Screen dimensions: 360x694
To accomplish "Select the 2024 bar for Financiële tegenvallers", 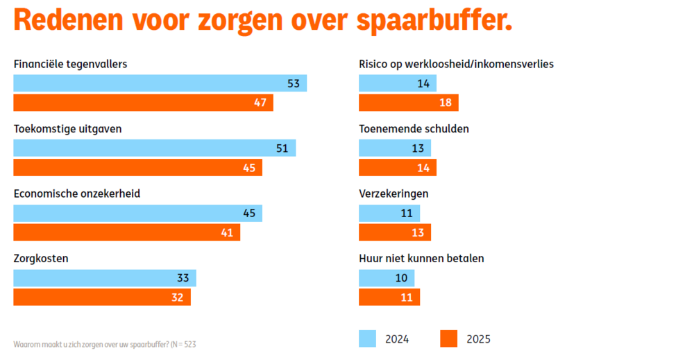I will [x=160, y=83].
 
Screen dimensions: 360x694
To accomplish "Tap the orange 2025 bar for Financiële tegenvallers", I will [x=143, y=103].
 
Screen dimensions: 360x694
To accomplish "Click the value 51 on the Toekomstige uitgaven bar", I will [x=282, y=148].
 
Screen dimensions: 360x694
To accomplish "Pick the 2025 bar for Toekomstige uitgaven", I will [x=137, y=168].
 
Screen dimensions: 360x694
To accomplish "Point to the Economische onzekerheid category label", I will [x=77, y=194].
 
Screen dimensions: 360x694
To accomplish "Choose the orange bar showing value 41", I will [x=126, y=232].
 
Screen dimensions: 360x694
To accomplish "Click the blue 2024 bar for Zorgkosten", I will [x=105, y=278].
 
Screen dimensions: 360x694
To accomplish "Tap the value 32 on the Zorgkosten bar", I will [x=177, y=298].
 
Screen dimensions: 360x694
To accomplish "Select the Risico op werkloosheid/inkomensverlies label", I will [x=455, y=65].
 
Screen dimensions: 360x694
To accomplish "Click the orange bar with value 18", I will [x=408, y=103].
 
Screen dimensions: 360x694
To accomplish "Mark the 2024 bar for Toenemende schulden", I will [x=394, y=148].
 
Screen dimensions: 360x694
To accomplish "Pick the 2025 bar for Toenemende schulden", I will [x=397, y=168].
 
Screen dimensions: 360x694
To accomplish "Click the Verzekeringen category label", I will [x=393, y=194].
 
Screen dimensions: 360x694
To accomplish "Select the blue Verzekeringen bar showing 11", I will [x=389, y=213].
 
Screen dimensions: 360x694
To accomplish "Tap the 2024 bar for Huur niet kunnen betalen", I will [x=386, y=278].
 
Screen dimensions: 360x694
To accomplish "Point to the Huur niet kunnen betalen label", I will [x=421, y=259].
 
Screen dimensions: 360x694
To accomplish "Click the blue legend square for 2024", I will [x=367, y=338].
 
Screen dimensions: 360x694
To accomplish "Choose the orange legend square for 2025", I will [x=449, y=338].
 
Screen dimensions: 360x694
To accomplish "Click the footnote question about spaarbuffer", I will [x=105, y=344].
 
